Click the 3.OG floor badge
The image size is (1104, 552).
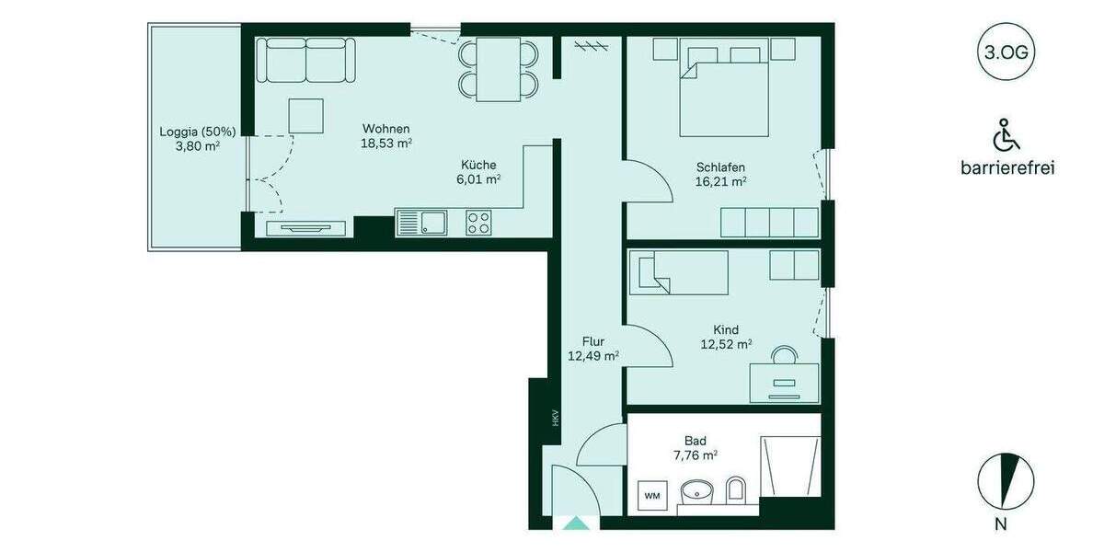(1006, 52)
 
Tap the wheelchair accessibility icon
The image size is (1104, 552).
(1006, 136)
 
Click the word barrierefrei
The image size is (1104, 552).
(1006, 167)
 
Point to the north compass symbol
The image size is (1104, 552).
(1006, 481)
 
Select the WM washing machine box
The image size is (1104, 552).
(652, 497)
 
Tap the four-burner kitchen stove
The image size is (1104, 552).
(478, 222)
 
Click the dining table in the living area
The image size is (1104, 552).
(498, 69)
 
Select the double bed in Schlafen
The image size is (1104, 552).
(724, 89)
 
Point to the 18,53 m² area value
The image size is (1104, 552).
(385, 144)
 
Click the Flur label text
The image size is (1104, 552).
(593, 341)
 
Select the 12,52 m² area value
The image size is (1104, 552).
(726, 345)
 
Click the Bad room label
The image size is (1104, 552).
(695, 441)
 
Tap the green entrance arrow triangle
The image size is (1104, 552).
(577, 523)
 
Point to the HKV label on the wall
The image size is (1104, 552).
(542, 419)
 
